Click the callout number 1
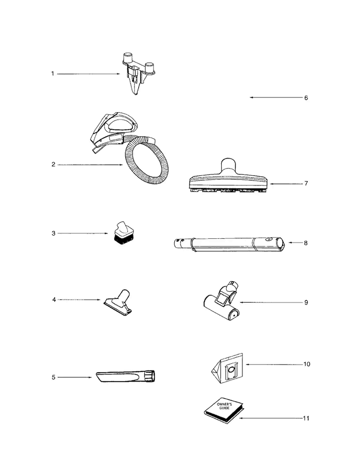coord(53,74)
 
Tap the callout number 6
coord(306,98)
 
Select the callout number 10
coord(306,364)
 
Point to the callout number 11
coord(306,418)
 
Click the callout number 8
coord(306,243)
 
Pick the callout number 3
coord(54,233)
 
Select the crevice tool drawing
coord(126,376)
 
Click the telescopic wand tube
coord(228,245)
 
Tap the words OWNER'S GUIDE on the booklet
coord(223,406)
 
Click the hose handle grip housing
coord(113,131)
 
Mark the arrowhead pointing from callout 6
coord(252,98)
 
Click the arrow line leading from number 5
coord(75,377)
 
